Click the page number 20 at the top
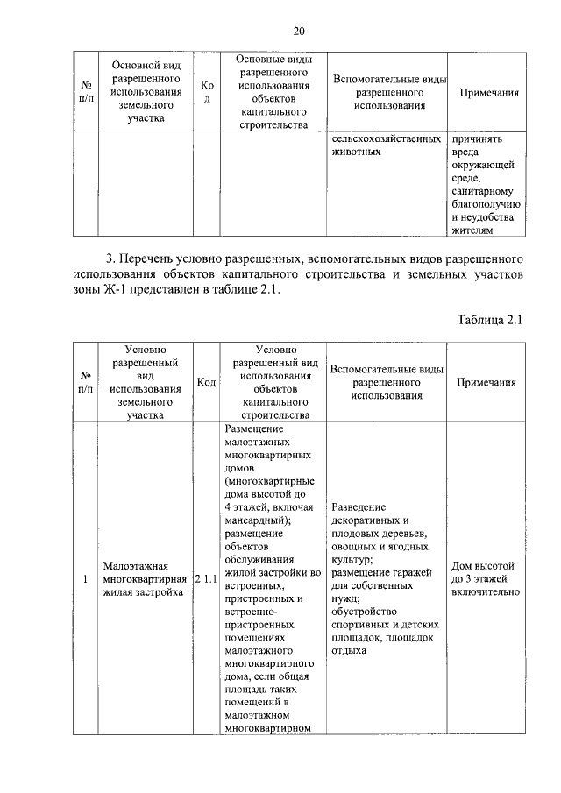pos(298,32)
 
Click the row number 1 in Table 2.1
pos(85,579)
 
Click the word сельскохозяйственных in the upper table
pos(385,138)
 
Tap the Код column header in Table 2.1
pos(206,382)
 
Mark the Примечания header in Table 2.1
pos(485,382)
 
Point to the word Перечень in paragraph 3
pos(152,259)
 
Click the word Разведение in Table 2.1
pos(359,507)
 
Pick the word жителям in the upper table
pos(473,230)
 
